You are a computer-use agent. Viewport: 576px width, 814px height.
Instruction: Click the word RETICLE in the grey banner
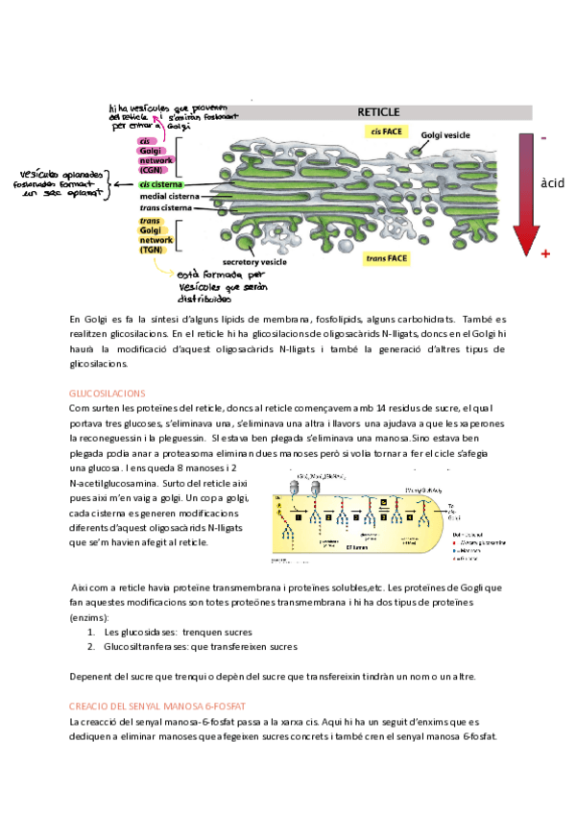point(378,111)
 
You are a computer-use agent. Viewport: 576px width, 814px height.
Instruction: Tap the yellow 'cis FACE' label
point(384,130)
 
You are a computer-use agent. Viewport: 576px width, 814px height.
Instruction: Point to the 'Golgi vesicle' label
point(445,135)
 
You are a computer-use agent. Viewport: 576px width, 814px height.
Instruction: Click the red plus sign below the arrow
point(545,253)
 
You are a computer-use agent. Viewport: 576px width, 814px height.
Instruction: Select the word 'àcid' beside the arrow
point(553,182)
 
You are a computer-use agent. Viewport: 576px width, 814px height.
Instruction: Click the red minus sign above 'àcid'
point(544,138)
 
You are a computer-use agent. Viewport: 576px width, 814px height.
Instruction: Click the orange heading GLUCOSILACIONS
point(107,394)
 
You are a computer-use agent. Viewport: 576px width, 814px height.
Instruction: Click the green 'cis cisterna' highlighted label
point(161,184)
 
